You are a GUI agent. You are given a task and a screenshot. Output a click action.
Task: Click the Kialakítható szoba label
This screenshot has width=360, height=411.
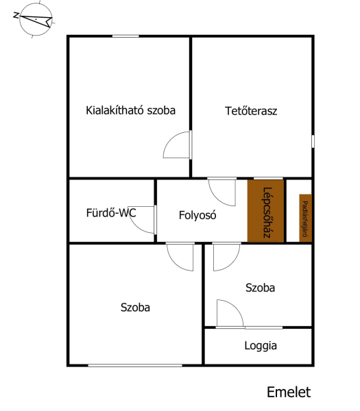131,110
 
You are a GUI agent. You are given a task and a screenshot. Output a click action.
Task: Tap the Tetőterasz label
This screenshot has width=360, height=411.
251,111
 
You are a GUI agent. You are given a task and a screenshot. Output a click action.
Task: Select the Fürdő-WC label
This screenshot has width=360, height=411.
111,212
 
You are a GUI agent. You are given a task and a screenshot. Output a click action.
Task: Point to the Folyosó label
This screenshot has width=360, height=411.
197,215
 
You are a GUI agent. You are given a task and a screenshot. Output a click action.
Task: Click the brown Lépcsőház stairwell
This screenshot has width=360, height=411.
266,211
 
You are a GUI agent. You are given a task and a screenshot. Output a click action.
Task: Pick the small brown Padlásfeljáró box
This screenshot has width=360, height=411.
305,218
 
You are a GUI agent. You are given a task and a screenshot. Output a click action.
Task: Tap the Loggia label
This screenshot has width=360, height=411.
261,346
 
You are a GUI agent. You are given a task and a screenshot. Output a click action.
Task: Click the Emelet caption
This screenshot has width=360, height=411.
289,393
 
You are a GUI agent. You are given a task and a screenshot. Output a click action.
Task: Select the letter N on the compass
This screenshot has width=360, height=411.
16,16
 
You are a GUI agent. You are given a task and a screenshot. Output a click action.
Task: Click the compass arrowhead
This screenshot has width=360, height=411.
48,22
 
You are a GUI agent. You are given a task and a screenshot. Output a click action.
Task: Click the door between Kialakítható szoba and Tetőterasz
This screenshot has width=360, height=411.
178,145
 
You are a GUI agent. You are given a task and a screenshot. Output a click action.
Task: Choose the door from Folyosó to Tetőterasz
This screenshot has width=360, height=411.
222,192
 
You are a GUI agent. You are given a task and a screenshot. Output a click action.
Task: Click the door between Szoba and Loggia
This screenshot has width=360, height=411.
230,314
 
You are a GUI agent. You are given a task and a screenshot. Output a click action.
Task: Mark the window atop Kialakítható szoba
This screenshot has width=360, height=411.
125,36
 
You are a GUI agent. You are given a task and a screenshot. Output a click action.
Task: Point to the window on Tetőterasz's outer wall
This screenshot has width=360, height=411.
313,141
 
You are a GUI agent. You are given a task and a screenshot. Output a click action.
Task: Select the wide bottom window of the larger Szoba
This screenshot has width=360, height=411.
135,365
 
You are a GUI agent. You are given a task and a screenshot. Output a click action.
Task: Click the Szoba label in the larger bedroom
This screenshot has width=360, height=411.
135,308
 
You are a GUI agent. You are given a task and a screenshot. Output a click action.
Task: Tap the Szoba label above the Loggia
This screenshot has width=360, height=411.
260,288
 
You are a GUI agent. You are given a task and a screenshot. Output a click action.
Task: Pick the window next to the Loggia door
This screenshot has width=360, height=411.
264,327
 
